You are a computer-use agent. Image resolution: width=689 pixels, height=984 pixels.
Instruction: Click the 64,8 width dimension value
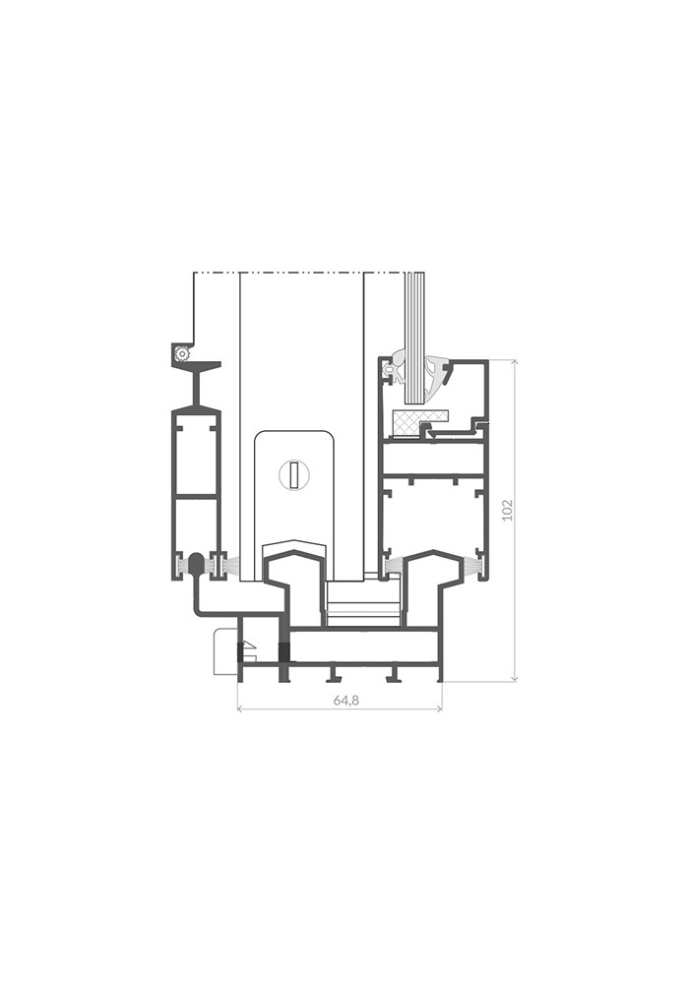345,701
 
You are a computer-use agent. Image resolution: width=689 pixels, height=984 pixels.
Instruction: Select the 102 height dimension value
508,509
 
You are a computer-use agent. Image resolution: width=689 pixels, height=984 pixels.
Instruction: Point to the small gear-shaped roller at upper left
182,354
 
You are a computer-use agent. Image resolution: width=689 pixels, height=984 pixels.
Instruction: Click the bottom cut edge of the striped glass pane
415,401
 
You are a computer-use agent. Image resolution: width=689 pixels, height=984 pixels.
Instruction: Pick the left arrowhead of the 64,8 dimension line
240,708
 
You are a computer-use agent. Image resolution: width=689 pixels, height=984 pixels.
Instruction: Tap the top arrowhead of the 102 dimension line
515,363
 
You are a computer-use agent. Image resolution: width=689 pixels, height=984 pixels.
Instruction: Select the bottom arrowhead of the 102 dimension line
515,678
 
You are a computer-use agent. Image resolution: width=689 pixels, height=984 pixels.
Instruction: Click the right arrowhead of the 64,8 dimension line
439,708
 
